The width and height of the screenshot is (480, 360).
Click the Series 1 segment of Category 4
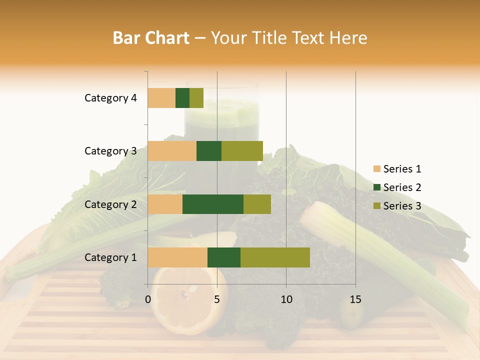click(161, 98)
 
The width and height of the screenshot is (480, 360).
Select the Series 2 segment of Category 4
click(182, 98)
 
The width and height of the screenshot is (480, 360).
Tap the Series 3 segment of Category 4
click(196, 98)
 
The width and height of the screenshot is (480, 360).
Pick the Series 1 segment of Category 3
click(172, 151)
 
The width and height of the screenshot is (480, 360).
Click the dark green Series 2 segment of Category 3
click(209, 151)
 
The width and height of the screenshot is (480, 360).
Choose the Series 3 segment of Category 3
click(242, 151)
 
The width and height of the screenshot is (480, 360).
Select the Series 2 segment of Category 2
click(213, 204)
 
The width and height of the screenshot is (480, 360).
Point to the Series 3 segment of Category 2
click(257, 204)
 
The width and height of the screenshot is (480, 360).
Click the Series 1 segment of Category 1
click(177, 257)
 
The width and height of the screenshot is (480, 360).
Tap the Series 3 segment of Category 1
click(275, 257)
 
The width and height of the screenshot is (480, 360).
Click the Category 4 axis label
click(110, 98)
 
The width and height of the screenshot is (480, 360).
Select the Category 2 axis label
click(110, 204)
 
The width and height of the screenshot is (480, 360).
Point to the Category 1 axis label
click(110, 257)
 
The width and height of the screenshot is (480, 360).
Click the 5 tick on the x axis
click(217, 299)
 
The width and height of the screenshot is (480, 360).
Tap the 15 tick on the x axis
click(355, 299)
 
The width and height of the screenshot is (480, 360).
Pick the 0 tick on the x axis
click(148, 299)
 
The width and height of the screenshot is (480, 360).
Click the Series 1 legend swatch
click(376, 169)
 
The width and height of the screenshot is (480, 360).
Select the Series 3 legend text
click(402, 206)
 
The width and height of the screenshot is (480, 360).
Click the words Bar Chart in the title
click(151, 38)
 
